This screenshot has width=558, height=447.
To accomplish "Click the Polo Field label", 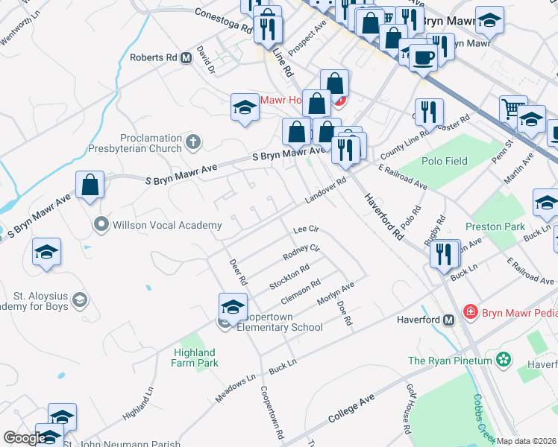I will point(445,162).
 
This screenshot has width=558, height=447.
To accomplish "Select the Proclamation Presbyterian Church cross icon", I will point(192,141).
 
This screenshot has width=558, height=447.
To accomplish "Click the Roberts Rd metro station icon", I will point(186,57).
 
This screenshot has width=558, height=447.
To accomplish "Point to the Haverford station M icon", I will point(448,320).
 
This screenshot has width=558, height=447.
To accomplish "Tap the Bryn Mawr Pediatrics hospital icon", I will point(470,311).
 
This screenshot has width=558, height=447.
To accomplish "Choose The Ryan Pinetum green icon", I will point(504,361).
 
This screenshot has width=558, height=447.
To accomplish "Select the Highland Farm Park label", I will point(195,358).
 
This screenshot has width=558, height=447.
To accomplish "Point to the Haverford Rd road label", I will point(383,216).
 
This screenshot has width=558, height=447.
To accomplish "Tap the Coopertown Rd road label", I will point(272,411).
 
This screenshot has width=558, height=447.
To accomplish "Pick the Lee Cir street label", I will point(306,229).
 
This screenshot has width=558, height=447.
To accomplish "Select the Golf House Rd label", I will point(408,408).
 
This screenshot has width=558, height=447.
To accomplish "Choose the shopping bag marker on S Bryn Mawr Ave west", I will point(90,185).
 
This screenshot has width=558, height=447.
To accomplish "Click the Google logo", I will point(25,438).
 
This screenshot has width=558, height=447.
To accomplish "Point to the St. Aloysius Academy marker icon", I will point(79,300).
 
